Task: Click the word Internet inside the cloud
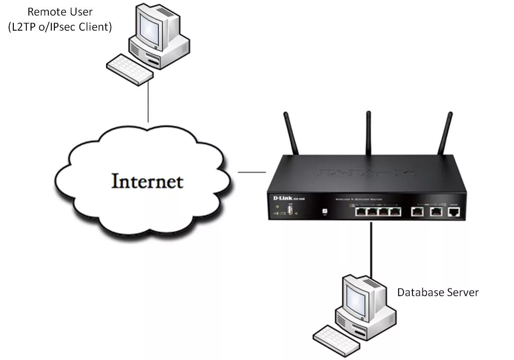(147, 181)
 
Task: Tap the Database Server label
(438, 292)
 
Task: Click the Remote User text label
(60, 12)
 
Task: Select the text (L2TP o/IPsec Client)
(60, 27)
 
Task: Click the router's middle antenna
(369, 132)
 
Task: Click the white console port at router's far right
(454, 212)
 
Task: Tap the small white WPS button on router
(324, 211)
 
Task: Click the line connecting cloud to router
(252, 172)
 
